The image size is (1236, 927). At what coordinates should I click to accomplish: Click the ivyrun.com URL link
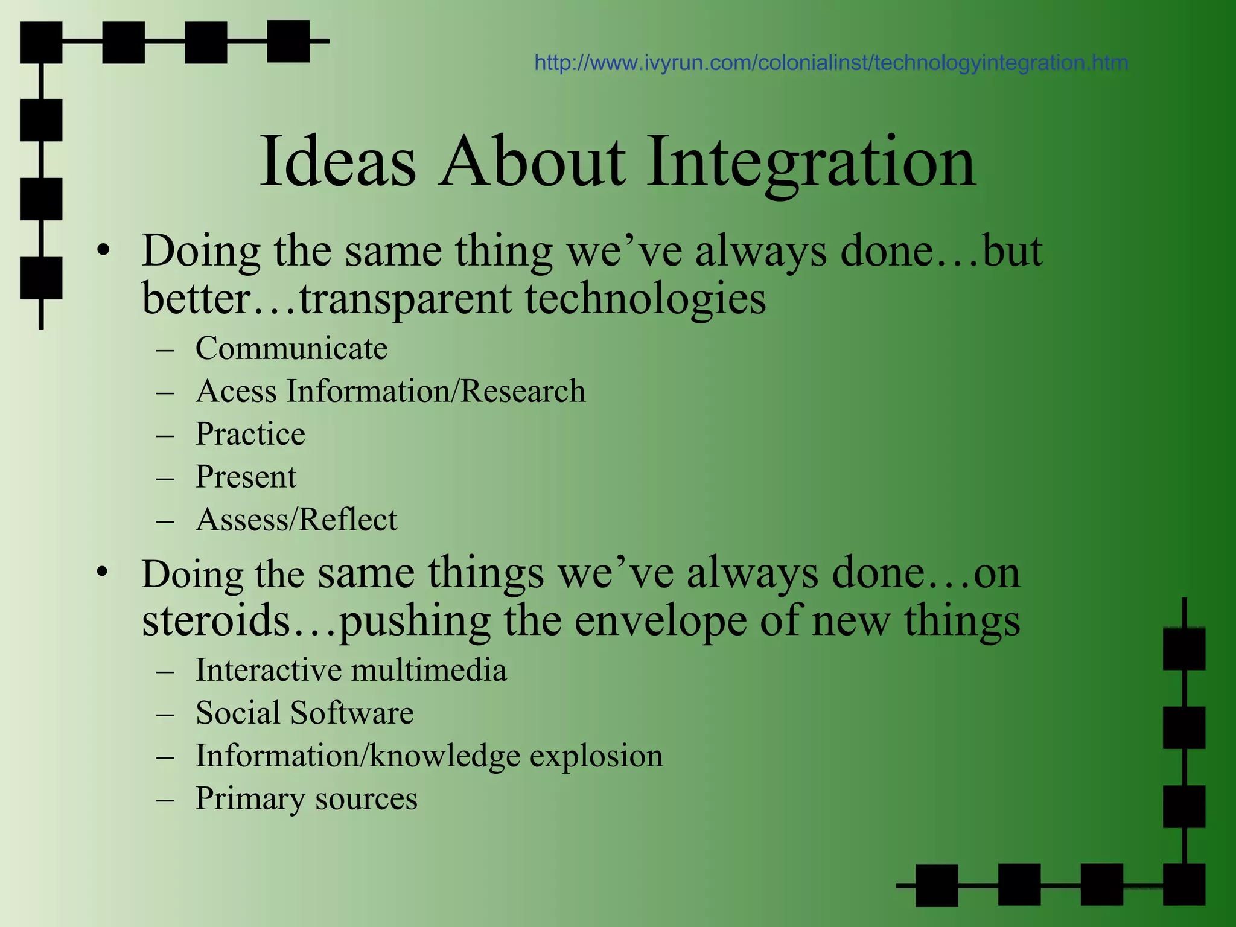point(831,63)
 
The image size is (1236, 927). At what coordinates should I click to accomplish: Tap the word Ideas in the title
point(338,162)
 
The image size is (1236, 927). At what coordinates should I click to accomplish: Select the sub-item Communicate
point(291,348)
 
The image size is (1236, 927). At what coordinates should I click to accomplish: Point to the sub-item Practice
point(250,434)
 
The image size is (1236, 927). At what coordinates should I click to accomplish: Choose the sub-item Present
point(246,477)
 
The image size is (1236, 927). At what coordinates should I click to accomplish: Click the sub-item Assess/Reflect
point(296,520)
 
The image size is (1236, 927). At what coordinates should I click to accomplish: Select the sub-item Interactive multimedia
point(351,670)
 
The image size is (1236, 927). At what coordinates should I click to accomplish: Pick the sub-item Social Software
point(304,713)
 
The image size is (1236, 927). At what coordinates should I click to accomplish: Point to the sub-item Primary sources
point(306,798)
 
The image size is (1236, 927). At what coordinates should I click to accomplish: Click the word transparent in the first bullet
point(405,299)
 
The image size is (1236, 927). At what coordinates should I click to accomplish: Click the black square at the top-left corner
point(41,42)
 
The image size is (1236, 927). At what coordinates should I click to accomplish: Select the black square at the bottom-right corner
point(1183,885)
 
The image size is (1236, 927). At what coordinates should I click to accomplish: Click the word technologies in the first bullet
point(645,299)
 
